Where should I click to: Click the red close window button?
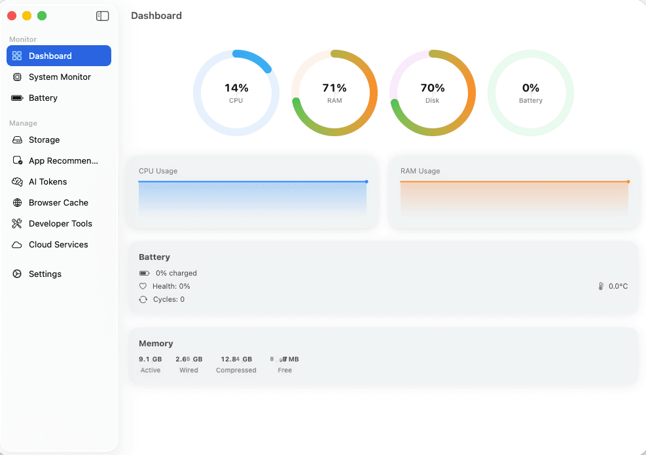(12, 16)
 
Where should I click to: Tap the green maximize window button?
(42, 16)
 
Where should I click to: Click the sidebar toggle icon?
(102, 16)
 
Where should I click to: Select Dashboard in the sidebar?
(58, 56)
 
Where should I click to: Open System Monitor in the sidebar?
(60, 77)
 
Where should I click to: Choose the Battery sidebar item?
(43, 98)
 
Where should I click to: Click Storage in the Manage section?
(44, 139)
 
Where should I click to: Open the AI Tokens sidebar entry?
(48, 181)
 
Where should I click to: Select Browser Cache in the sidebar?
(58, 202)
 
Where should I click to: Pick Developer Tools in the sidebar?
(60, 223)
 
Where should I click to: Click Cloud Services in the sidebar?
(58, 244)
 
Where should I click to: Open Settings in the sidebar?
(45, 274)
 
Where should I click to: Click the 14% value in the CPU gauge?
(236, 88)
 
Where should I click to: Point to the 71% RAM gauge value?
(334, 88)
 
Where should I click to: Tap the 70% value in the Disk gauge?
(433, 88)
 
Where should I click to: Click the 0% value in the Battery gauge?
(531, 88)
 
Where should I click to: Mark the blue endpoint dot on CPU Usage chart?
(367, 181)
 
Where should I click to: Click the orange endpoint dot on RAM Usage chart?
(628, 181)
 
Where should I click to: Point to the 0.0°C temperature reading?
(618, 286)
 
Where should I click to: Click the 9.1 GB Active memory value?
(150, 359)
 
